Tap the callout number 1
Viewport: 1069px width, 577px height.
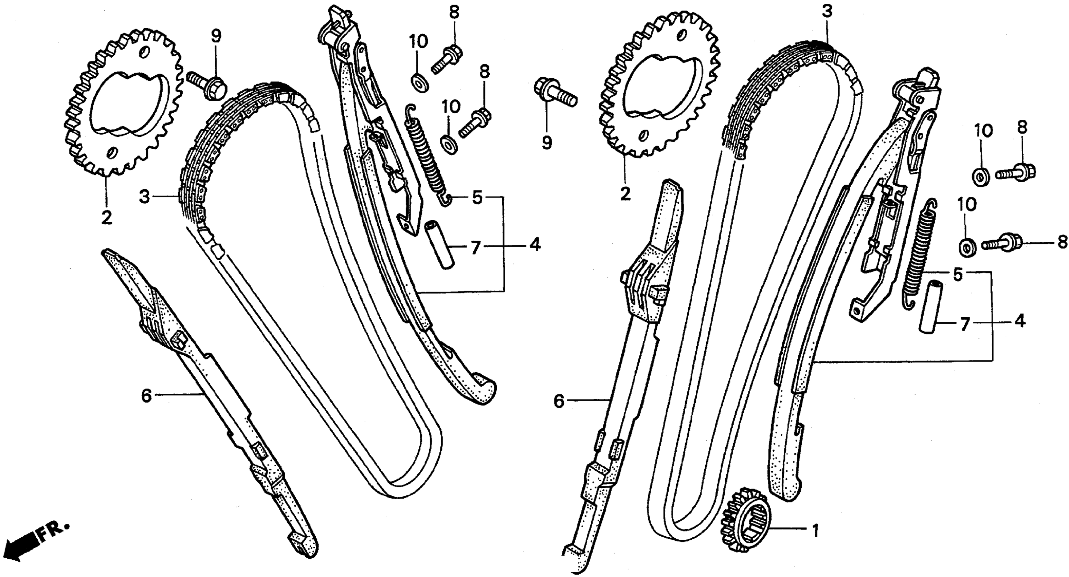tap(815, 531)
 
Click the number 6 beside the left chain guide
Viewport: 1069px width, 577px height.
tap(146, 396)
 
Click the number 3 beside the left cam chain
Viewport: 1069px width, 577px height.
tap(144, 198)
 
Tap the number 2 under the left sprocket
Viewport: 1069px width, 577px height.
tap(107, 217)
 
